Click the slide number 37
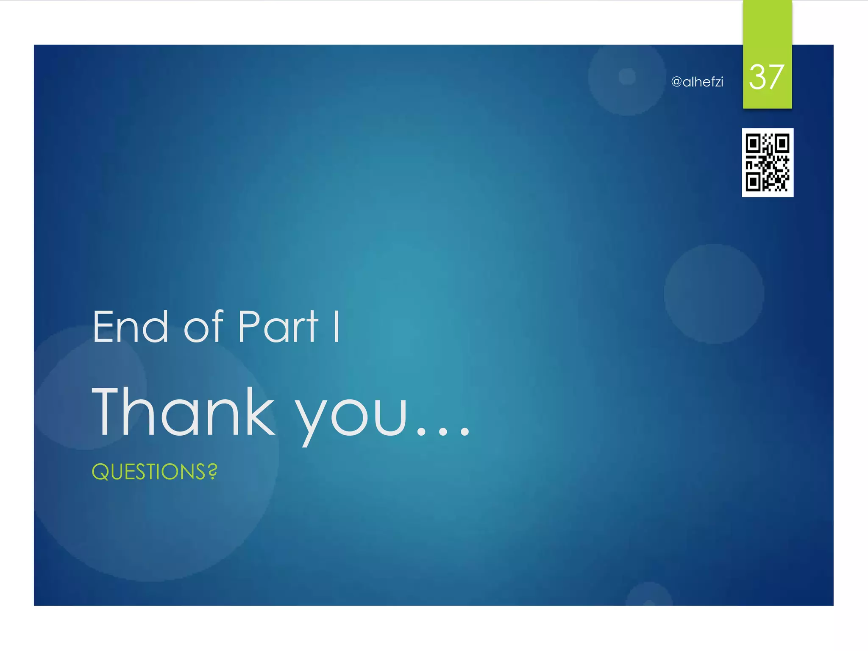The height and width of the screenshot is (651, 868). pos(766,77)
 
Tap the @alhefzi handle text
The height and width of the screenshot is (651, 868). pos(697,82)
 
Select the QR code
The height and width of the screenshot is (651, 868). pos(767,162)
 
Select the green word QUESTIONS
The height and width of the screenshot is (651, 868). pos(149,472)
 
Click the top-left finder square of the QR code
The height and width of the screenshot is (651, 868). pos(753,144)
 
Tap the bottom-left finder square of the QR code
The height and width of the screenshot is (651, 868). pos(753,183)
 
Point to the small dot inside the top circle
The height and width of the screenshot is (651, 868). pos(627,77)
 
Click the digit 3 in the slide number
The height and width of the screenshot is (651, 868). pos(757,77)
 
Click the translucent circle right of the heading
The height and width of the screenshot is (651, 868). pos(714,294)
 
